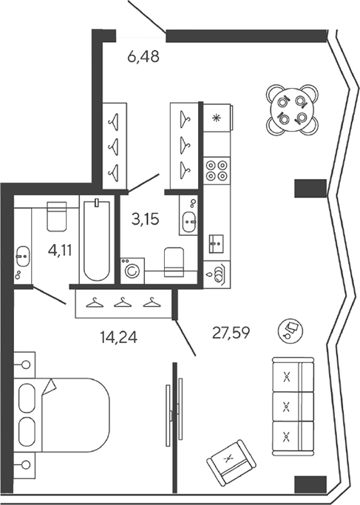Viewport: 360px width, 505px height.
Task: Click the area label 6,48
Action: (143, 57)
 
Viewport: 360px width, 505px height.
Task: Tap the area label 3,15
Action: (145, 220)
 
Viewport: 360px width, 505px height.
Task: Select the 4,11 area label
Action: (60, 250)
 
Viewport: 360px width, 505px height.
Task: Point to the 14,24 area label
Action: (118, 337)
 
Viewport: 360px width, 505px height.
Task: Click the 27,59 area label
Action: (231, 333)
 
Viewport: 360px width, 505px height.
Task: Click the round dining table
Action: (292, 110)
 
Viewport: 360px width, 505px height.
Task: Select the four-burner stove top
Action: (217, 171)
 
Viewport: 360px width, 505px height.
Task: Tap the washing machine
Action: (132, 271)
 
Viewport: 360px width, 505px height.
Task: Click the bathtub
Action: (96, 240)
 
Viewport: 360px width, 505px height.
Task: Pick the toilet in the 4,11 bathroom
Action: (57, 216)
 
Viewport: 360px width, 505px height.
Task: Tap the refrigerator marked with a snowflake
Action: (217, 118)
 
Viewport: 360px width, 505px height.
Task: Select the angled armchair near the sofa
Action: (231, 463)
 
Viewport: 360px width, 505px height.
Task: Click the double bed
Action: (61, 415)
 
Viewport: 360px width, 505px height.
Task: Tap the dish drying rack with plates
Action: (217, 274)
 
